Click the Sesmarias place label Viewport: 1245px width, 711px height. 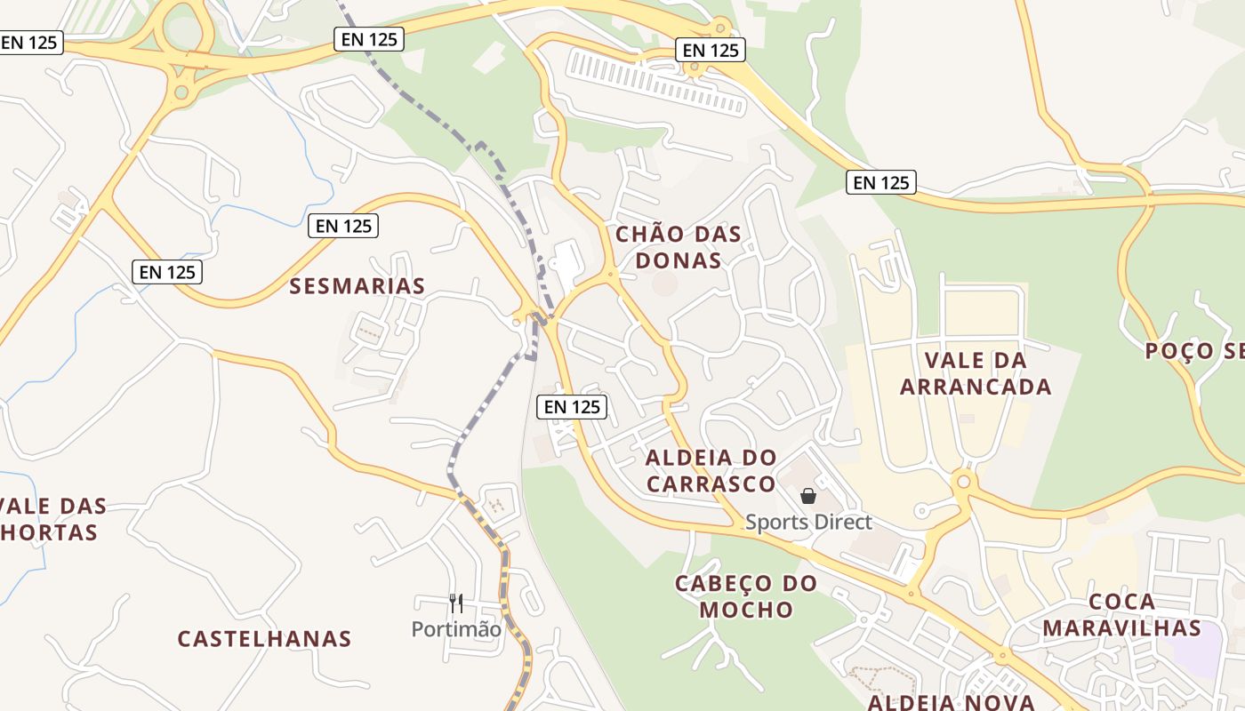tap(357, 285)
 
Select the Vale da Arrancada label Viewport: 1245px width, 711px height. tap(976, 373)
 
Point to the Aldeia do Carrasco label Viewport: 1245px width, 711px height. tap(711, 470)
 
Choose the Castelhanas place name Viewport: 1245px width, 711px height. tap(264, 638)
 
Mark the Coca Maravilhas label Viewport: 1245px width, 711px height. tap(1121, 614)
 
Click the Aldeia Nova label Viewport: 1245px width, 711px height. tap(951, 702)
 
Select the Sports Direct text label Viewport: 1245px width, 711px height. tap(808, 522)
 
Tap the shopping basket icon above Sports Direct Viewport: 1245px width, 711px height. tap(808, 496)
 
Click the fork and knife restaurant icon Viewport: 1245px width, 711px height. tap(456, 603)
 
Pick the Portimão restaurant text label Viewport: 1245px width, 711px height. tap(456, 629)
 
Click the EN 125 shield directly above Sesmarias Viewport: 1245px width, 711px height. tap(343, 226)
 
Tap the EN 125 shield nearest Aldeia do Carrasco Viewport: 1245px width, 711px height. tap(573, 406)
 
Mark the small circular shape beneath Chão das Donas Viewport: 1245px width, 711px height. tap(664, 284)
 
